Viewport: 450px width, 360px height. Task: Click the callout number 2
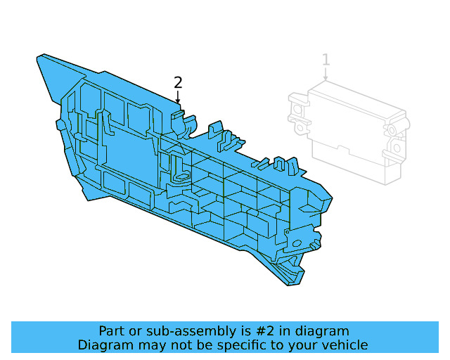(178, 82)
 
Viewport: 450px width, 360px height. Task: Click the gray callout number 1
(326, 60)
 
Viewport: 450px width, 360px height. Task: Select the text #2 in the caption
(271, 331)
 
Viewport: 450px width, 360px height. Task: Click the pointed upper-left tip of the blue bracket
(39, 56)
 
